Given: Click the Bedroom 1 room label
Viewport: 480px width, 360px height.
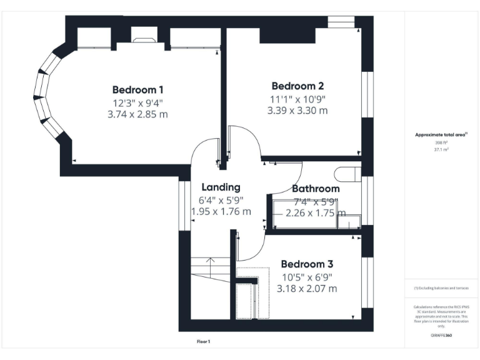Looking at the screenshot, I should (137, 89).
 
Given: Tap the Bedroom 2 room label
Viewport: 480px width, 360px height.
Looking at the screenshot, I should (297, 86).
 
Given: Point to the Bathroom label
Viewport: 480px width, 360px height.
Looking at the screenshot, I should (316, 188).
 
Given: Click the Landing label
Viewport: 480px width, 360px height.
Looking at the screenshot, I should (221, 187).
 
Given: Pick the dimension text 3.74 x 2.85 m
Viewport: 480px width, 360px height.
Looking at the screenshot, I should (137, 114).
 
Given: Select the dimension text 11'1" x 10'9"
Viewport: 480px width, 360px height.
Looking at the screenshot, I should (297, 99).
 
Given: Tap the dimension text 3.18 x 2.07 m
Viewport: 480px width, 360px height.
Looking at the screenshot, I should (306, 289).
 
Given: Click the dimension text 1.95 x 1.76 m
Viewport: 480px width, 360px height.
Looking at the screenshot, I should (221, 212).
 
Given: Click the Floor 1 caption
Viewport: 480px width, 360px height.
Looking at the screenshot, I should (204, 342).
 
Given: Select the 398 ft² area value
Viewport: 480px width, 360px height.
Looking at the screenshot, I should (441, 142).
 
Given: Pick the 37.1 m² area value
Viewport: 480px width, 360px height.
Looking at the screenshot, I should (441, 150).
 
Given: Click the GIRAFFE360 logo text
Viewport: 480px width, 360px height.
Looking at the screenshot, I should (441, 336).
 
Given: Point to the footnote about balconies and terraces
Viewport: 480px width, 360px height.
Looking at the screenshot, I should (441, 288).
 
